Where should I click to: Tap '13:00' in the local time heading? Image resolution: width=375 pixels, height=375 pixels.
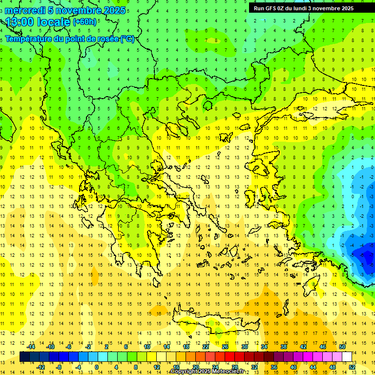tap(19, 22)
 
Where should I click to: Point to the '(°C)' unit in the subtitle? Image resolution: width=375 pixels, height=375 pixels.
tap(127, 39)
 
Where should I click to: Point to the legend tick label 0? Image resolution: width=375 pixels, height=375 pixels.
tap(96, 367)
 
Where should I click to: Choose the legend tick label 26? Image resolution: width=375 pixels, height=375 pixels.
tap(225, 346)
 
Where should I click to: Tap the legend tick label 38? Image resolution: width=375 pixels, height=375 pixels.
tap(283, 346)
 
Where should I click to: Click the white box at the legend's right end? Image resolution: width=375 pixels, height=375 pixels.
tap(347, 357)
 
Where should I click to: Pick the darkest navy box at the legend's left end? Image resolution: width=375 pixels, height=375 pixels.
tap(25, 357)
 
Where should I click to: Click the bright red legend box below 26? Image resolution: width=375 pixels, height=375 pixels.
tap(230, 357)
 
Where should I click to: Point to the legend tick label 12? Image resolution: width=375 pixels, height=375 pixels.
tap(157, 367)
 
